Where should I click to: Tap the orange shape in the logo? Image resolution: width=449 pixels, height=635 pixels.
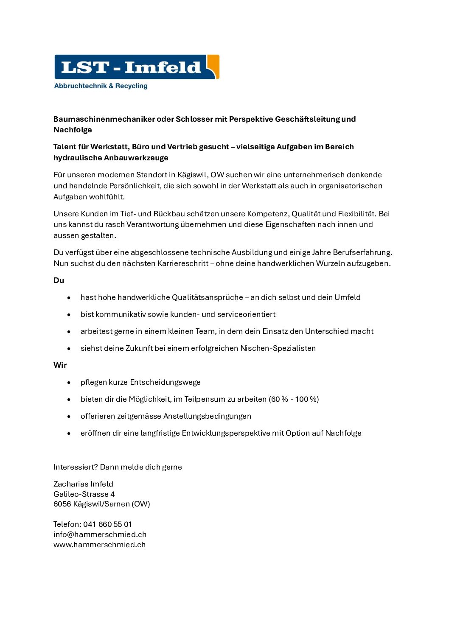[x=213, y=66]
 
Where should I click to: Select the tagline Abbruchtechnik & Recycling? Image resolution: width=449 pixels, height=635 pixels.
[x=101, y=86]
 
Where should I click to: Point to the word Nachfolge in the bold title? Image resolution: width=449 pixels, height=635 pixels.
[x=73, y=130]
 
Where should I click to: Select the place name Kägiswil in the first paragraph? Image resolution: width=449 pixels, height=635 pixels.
[x=192, y=175]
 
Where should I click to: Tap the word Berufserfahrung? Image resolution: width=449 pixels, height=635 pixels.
[x=362, y=252]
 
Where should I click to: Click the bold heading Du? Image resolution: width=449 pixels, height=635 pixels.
[x=59, y=280]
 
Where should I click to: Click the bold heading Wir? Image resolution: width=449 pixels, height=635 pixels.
[x=60, y=365]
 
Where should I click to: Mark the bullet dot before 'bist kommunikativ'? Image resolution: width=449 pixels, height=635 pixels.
[x=69, y=315]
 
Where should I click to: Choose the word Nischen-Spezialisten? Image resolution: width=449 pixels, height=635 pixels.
[x=278, y=348]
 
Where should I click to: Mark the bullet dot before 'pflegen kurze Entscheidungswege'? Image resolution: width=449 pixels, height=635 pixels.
[x=69, y=383]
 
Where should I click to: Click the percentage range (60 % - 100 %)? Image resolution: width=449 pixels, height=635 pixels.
[x=294, y=399]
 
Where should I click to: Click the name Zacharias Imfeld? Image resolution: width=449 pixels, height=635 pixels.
[x=83, y=484]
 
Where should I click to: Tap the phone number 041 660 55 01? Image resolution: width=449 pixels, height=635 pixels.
[x=107, y=524]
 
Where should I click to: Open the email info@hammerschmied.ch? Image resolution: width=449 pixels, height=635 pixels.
[x=100, y=534]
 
